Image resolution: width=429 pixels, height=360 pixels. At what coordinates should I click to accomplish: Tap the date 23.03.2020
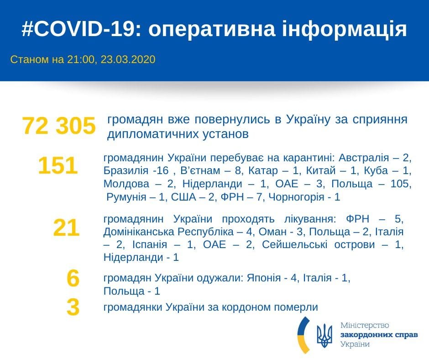128,59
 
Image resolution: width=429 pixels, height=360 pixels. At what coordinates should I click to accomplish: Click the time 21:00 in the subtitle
81,59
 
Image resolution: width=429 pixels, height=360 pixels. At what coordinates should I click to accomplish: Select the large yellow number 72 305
59,126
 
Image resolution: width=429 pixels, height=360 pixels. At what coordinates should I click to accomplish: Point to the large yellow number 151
58,165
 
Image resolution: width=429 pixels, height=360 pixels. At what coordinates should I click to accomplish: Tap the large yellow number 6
73,278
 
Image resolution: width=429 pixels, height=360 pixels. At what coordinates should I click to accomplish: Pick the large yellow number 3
73,307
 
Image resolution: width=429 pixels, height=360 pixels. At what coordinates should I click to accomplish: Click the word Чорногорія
296,197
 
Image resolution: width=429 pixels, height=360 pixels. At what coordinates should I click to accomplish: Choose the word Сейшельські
295,244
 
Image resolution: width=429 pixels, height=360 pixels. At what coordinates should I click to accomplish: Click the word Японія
264,278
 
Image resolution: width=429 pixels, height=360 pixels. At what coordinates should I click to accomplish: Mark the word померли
296,307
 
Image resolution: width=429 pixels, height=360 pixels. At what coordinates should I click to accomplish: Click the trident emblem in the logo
324,336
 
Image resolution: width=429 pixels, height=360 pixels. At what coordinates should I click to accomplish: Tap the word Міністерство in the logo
365,325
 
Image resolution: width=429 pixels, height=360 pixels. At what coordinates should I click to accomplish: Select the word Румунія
126,197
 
